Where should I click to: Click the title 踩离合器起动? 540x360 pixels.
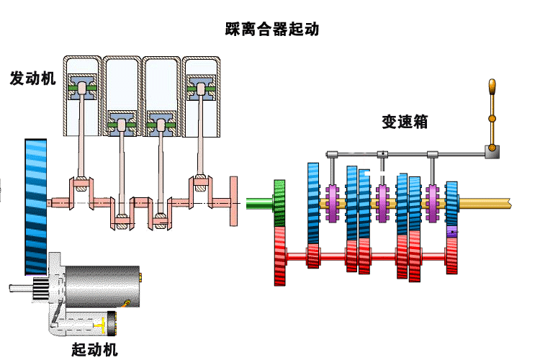tap(271, 30)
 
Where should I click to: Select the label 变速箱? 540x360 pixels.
tap(404, 122)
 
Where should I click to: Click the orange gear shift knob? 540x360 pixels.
tap(492, 88)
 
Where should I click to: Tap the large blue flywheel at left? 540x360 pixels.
tap(35, 206)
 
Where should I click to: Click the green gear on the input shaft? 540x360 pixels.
tap(279, 203)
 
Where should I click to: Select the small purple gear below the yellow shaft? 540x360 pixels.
tap(452, 232)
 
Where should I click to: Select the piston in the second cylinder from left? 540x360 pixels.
tap(122, 123)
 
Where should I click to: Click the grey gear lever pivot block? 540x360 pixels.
tap(492, 151)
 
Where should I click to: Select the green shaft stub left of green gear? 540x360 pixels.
tap(258, 203)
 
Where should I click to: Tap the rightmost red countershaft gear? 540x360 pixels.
tap(451, 255)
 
